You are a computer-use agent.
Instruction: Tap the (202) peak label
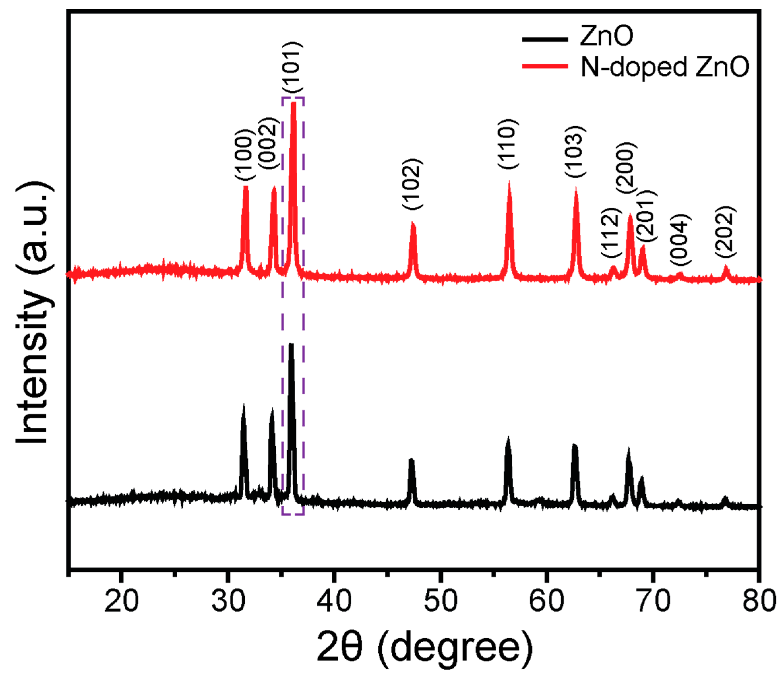coord(726,232)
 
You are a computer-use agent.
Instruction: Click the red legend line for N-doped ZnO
coord(545,66)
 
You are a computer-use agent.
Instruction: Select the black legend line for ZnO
coord(545,39)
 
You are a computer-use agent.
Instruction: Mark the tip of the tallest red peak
coord(293,103)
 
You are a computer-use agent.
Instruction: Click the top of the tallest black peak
coord(291,344)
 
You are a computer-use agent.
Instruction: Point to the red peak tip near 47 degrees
coord(413,223)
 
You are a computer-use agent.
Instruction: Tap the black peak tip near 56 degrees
coord(508,438)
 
